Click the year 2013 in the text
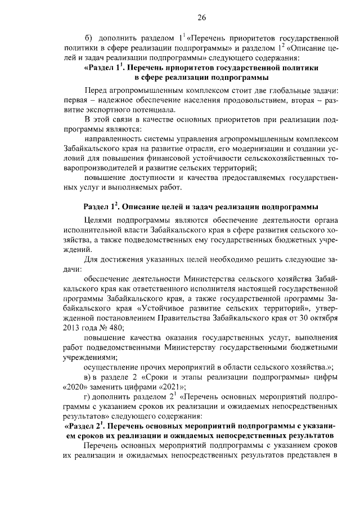(x=72, y=328)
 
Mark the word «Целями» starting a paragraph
(x=97, y=221)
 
